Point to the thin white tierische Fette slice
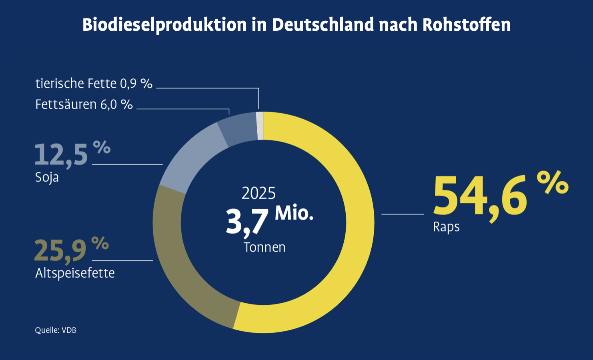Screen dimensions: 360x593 coord(260,126)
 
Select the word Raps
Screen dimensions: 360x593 coord(446,227)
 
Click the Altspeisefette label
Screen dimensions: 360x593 coord(75,273)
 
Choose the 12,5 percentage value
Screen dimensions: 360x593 coord(61,155)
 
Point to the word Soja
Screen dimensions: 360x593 coord(47,177)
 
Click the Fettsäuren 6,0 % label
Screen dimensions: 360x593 coord(84,104)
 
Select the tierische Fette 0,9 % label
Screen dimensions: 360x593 coord(94,83)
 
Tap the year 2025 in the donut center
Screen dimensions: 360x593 coord(258,194)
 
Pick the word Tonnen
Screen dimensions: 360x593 coord(264,247)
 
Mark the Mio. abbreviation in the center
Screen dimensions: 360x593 coord(294,213)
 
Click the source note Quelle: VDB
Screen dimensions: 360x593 coord(56,330)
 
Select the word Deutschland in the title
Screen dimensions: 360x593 coord(323,25)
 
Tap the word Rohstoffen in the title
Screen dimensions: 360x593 coord(467,25)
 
